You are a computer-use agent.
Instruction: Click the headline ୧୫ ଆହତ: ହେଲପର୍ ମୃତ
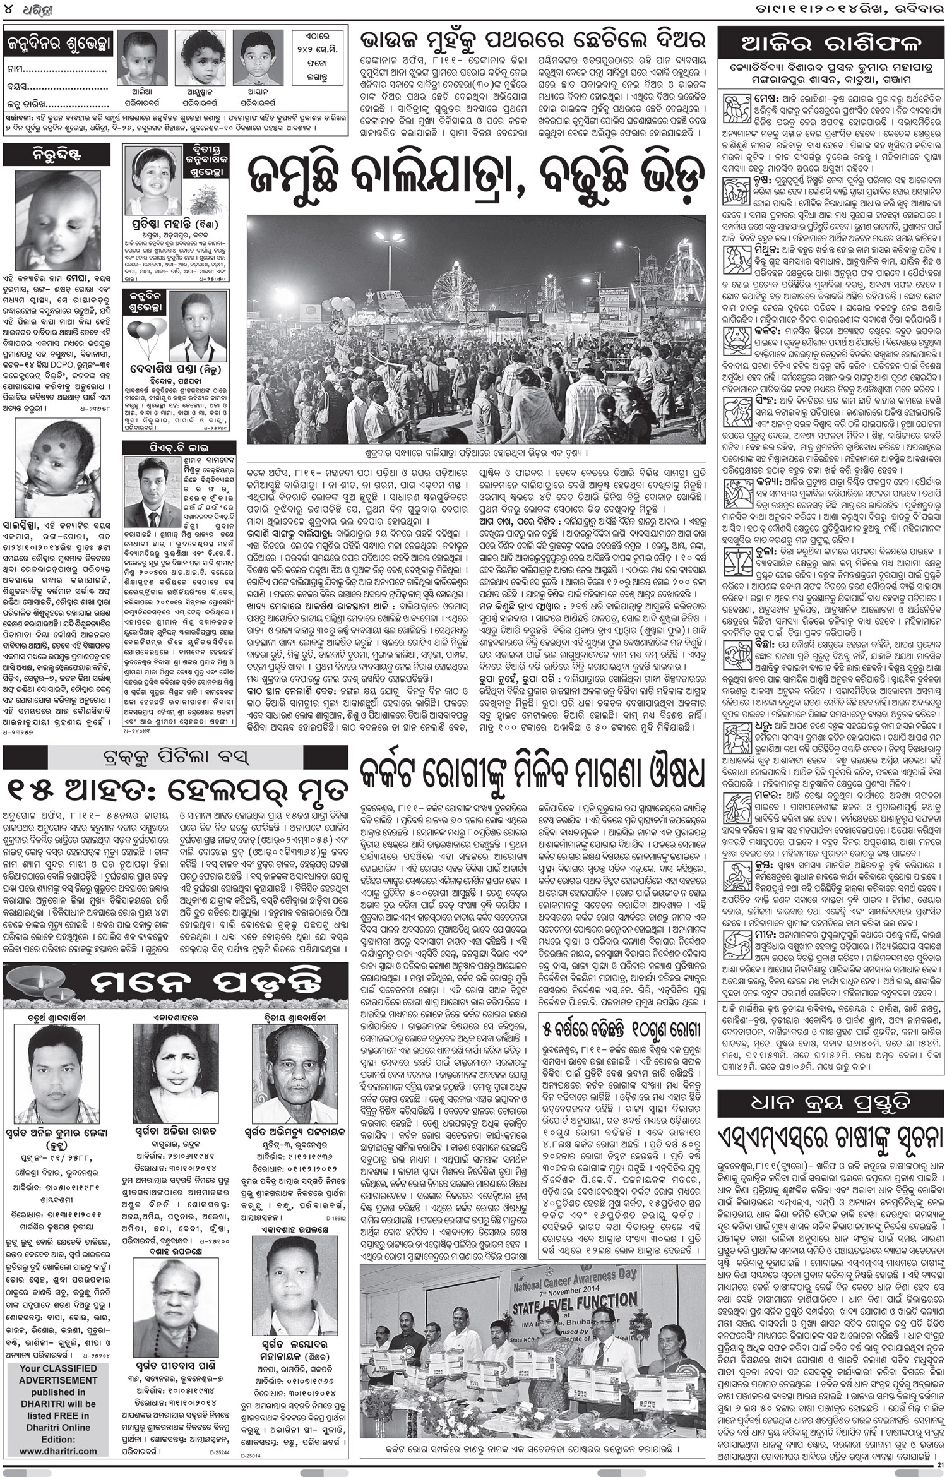tap(176, 791)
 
